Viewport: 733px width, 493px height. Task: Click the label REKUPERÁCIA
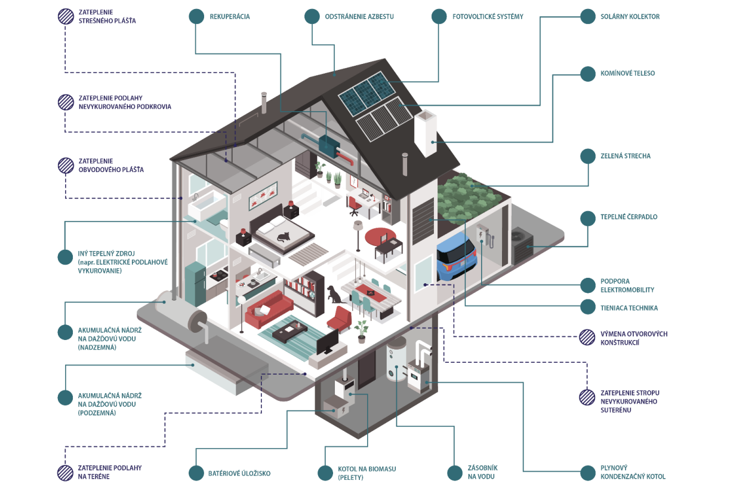coord(229,17)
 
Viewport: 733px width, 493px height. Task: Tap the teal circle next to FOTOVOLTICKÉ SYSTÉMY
coord(439,17)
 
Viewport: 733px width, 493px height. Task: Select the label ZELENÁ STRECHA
coord(625,156)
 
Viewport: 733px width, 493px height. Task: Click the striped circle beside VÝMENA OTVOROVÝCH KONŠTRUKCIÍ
coord(587,338)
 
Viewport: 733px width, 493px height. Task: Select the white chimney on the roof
coord(426,134)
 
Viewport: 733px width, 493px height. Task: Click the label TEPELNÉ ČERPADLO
coord(629,217)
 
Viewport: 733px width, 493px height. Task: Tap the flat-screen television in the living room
coord(328,342)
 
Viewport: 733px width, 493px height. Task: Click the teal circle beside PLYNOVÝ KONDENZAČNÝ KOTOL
coord(587,473)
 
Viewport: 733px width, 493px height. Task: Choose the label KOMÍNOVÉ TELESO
coord(627,74)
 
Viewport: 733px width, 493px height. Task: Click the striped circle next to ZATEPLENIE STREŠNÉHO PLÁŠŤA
coord(66,16)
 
